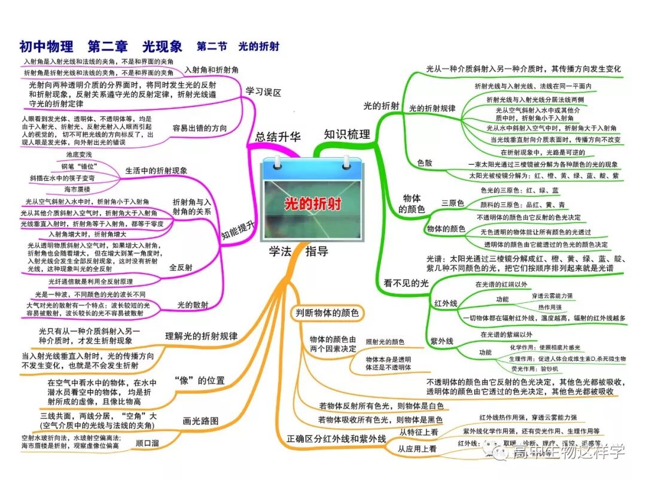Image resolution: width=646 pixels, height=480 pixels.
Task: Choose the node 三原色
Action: click(x=453, y=203)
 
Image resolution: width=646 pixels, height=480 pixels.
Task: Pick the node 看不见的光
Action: click(x=406, y=283)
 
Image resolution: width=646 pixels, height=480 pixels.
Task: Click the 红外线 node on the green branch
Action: click(x=445, y=303)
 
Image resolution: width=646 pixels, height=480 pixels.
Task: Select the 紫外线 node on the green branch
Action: click(x=442, y=341)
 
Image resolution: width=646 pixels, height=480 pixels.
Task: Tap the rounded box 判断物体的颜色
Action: click(x=326, y=313)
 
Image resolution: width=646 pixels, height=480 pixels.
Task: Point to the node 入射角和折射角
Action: click(x=211, y=69)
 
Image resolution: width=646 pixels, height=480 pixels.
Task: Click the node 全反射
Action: click(x=181, y=268)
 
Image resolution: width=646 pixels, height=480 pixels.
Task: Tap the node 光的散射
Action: click(x=193, y=305)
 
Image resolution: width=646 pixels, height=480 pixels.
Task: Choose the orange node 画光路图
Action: click(x=200, y=419)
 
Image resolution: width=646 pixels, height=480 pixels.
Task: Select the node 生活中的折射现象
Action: click(x=156, y=171)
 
